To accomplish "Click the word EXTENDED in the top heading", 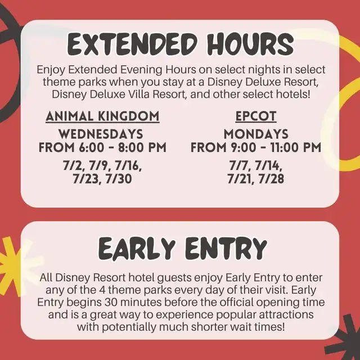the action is click(x=133, y=44).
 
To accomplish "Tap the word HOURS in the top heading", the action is click(x=251, y=44).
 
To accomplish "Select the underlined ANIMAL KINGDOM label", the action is click(x=102, y=116).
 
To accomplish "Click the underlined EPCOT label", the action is click(x=256, y=116).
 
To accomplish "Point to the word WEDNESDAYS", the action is click(x=101, y=134).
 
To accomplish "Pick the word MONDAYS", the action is click(x=256, y=134).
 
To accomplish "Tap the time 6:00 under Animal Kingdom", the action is click(x=91, y=147).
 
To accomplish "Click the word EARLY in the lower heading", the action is click(x=137, y=249).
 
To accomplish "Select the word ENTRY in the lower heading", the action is click(x=226, y=249).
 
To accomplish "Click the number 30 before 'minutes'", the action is click(x=111, y=303).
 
